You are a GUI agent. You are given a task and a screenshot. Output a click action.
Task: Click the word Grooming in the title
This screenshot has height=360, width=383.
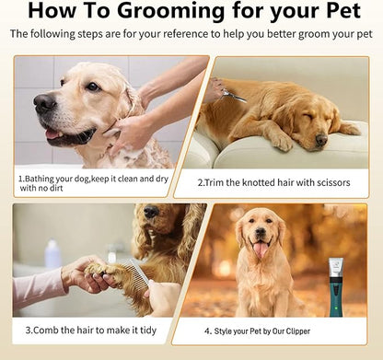[x=171, y=12]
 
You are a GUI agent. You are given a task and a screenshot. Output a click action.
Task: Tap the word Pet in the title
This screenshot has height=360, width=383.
[x=343, y=10]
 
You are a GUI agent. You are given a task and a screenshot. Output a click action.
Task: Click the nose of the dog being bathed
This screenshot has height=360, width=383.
[x=44, y=103]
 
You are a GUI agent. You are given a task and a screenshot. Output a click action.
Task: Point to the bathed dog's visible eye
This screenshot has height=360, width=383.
[x=93, y=87]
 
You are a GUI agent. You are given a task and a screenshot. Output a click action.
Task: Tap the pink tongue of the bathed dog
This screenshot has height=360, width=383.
[x=53, y=134]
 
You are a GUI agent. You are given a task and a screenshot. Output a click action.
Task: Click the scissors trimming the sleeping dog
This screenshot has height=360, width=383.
[x=234, y=95]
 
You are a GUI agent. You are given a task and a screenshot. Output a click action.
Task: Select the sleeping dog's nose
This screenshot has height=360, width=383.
[x=321, y=140]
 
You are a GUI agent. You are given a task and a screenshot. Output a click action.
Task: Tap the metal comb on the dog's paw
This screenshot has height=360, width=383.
[x=136, y=273]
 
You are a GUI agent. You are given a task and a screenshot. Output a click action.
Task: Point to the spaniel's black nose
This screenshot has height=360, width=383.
[x=151, y=212]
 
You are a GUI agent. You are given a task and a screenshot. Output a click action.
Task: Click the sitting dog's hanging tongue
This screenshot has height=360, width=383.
[x=261, y=250]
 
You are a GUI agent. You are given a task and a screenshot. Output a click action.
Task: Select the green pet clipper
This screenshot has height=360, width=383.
[x=336, y=287]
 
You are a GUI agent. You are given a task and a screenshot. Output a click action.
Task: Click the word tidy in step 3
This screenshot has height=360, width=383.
[x=148, y=331]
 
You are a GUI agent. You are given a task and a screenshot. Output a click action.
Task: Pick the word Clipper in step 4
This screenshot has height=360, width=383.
[x=298, y=331]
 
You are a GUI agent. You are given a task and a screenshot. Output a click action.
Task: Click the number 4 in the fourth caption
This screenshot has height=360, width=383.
[x=207, y=331]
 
